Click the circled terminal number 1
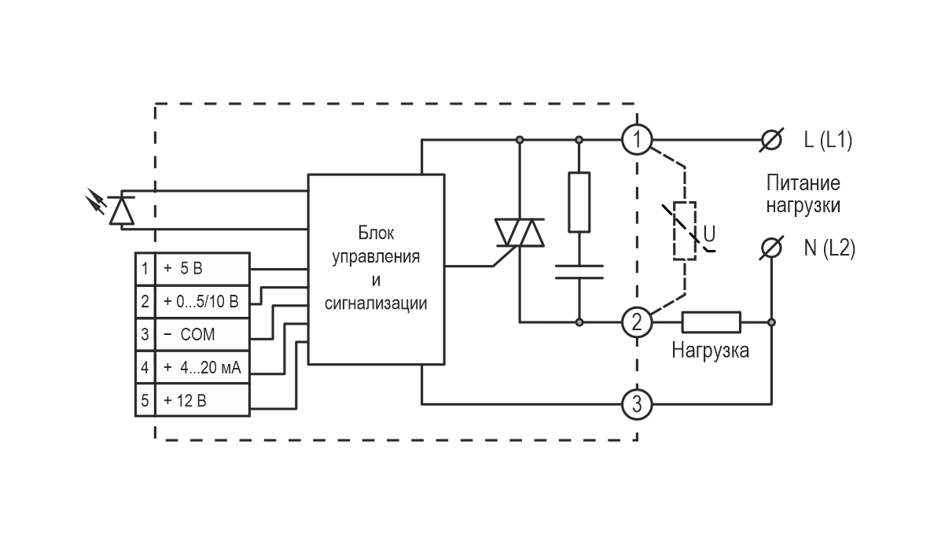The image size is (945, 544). pos(637,140)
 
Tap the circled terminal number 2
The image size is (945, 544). pos(637,322)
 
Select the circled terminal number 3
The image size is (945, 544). pos(637,405)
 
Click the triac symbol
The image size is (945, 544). pos(519,232)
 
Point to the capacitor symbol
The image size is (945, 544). pos(579,272)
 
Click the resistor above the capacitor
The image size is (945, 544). pos(579,201)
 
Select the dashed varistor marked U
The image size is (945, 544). pos(685,230)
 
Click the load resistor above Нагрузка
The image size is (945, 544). pos(711,322)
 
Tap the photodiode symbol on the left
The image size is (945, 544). pos(120,209)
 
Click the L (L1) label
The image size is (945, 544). pos(827,141)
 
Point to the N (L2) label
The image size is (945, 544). pos(829,248)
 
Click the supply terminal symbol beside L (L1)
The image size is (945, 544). pos(772,140)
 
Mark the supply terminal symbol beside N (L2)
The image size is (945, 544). pos(772,248)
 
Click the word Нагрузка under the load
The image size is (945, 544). pos(710,351)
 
